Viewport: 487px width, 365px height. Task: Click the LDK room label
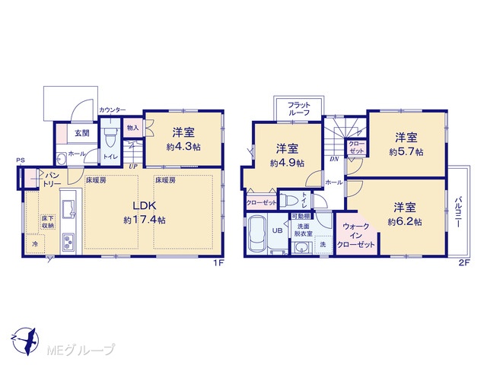pyautogui.click(x=145, y=205)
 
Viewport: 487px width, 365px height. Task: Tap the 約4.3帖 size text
pyautogui.click(x=183, y=147)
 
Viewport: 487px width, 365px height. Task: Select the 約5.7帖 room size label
pyautogui.click(x=406, y=152)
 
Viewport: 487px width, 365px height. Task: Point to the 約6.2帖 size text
pyautogui.click(x=405, y=222)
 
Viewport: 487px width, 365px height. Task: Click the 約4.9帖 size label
pyautogui.click(x=287, y=163)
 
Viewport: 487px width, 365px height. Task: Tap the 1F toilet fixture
pyautogui.click(x=110, y=138)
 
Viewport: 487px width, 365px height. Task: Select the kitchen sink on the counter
pyautogui.click(x=68, y=208)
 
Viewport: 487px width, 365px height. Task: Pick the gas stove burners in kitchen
pyautogui.click(x=68, y=242)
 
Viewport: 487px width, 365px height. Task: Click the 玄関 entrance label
pyautogui.click(x=82, y=134)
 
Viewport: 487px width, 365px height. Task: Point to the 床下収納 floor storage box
pyautogui.click(x=47, y=222)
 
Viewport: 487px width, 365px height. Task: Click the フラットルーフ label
pyautogui.click(x=299, y=109)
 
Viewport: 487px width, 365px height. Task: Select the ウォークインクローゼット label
pyautogui.click(x=356, y=235)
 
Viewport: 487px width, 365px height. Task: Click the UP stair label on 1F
pyautogui.click(x=133, y=167)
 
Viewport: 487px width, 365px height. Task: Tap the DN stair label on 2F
pyautogui.click(x=334, y=159)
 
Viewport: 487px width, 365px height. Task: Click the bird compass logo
pyautogui.click(x=24, y=341)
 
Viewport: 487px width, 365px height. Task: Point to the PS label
pyautogui.click(x=21, y=160)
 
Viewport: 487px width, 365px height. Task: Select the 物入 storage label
pyautogui.click(x=133, y=128)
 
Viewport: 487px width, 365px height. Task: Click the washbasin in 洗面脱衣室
pyautogui.click(x=301, y=248)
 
